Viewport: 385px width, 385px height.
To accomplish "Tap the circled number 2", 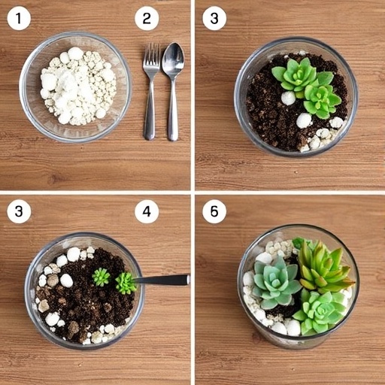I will click(x=147, y=19).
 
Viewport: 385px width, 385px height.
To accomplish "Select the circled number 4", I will click(x=147, y=212).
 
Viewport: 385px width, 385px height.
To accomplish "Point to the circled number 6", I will click(x=214, y=212).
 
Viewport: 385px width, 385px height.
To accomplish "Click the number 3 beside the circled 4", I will click(x=19, y=212).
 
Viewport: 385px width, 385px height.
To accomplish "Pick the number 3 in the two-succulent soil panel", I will click(x=214, y=19).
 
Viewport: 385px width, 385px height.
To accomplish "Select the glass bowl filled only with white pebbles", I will click(x=75, y=86).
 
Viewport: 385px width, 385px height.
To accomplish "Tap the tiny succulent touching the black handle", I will click(x=126, y=283).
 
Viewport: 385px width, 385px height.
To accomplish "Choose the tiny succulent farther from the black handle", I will click(x=101, y=277).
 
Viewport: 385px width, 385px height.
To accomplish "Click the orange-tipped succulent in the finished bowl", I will click(x=323, y=267).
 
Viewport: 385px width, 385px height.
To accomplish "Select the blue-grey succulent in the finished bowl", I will click(x=275, y=282).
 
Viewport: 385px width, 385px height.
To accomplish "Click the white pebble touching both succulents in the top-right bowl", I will click(x=288, y=98).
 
